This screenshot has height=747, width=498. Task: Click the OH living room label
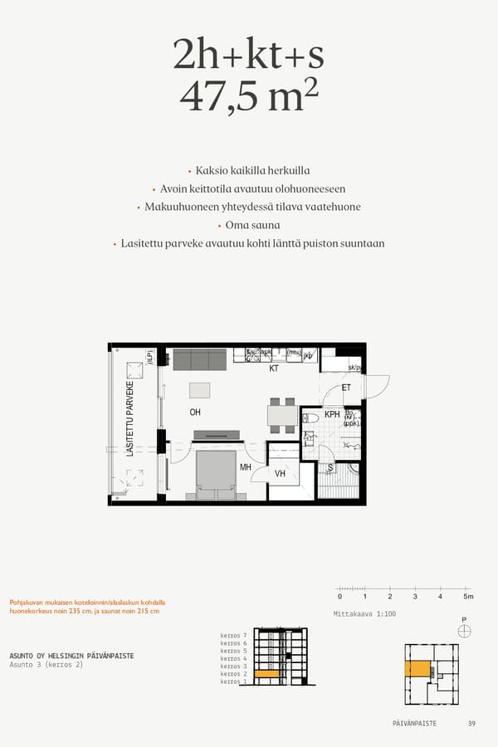point(195,413)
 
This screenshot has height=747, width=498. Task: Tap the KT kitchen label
point(273,369)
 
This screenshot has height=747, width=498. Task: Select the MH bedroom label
point(246,468)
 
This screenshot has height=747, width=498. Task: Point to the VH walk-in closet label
point(281,474)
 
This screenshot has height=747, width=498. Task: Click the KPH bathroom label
point(332,414)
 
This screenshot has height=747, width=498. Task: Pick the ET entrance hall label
point(346,388)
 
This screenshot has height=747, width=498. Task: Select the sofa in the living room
point(199,359)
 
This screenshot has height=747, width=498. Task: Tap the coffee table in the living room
point(200,390)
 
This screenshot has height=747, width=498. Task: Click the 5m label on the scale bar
point(468,597)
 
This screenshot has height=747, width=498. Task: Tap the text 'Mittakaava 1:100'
point(364,614)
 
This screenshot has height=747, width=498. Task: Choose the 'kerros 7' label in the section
point(234,635)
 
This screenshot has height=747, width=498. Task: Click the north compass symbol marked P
point(464,630)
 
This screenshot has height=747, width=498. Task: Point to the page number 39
point(471,724)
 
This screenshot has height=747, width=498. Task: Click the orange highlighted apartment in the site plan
point(417,669)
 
